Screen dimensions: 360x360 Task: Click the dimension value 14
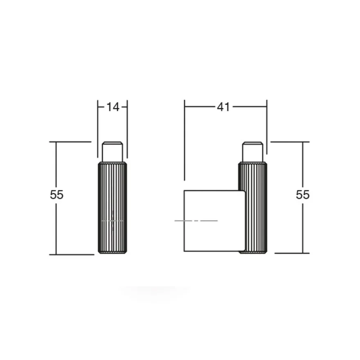tap(113, 107)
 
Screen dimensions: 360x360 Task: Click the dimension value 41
tap(223, 107)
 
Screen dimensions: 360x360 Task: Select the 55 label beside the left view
tap(56, 195)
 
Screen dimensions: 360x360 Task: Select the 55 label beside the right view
tap(303, 195)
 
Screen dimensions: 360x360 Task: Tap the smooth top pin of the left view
tap(112, 152)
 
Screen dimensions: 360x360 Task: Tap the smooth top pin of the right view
tap(252, 152)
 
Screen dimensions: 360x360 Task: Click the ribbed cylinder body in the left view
tap(112, 208)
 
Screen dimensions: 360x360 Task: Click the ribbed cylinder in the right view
tap(255, 208)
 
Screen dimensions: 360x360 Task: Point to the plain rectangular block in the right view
tap(214, 221)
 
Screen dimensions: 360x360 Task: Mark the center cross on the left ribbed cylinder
tap(112, 221)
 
